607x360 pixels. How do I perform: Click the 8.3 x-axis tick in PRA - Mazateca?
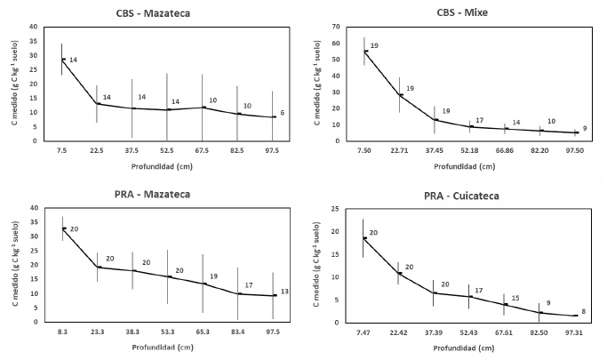click(x=61, y=331)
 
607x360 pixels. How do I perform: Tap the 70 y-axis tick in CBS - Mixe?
click(x=339, y=27)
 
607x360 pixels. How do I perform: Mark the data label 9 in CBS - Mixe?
click(x=585, y=128)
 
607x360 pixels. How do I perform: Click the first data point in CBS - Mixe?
click(x=365, y=52)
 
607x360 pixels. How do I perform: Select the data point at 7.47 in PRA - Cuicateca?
click(x=363, y=238)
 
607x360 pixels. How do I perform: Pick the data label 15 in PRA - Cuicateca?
click(x=515, y=299)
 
